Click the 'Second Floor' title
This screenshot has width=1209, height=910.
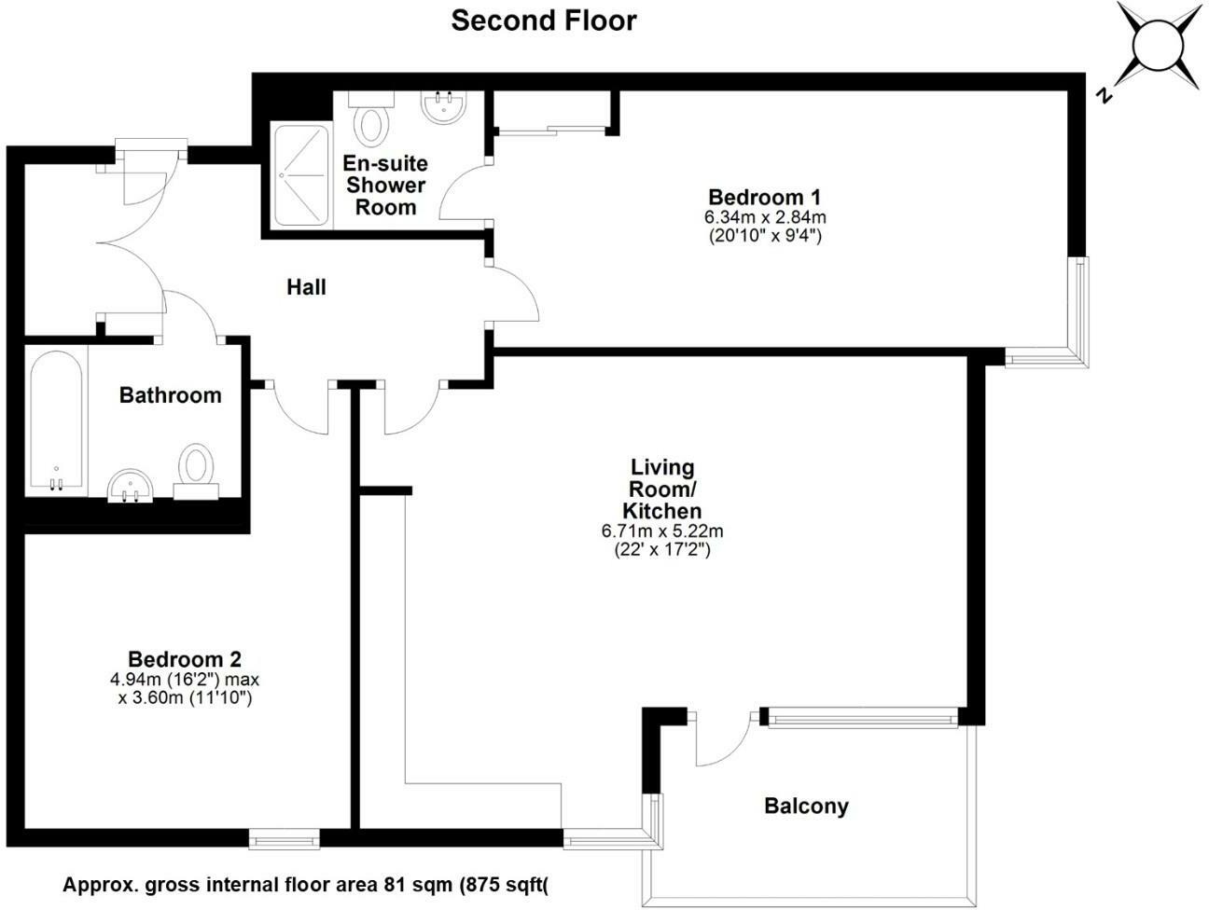click(543, 21)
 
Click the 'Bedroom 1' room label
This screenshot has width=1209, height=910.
click(764, 198)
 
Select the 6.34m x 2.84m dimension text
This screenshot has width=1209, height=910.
click(764, 217)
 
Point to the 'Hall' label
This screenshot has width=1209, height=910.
click(306, 287)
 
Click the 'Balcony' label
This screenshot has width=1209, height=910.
click(806, 806)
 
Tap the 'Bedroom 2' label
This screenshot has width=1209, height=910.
click(185, 659)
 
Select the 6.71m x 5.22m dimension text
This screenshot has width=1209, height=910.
click(662, 531)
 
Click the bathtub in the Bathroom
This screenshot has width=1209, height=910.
click(56, 421)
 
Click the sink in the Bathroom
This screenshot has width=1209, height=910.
click(131, 486)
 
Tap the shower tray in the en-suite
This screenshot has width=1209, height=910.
click(300, 175)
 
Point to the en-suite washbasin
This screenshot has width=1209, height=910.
click(442, 107)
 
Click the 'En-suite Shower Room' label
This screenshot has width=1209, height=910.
click(385, 185)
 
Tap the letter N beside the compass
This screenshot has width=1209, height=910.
click(1104, 94)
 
